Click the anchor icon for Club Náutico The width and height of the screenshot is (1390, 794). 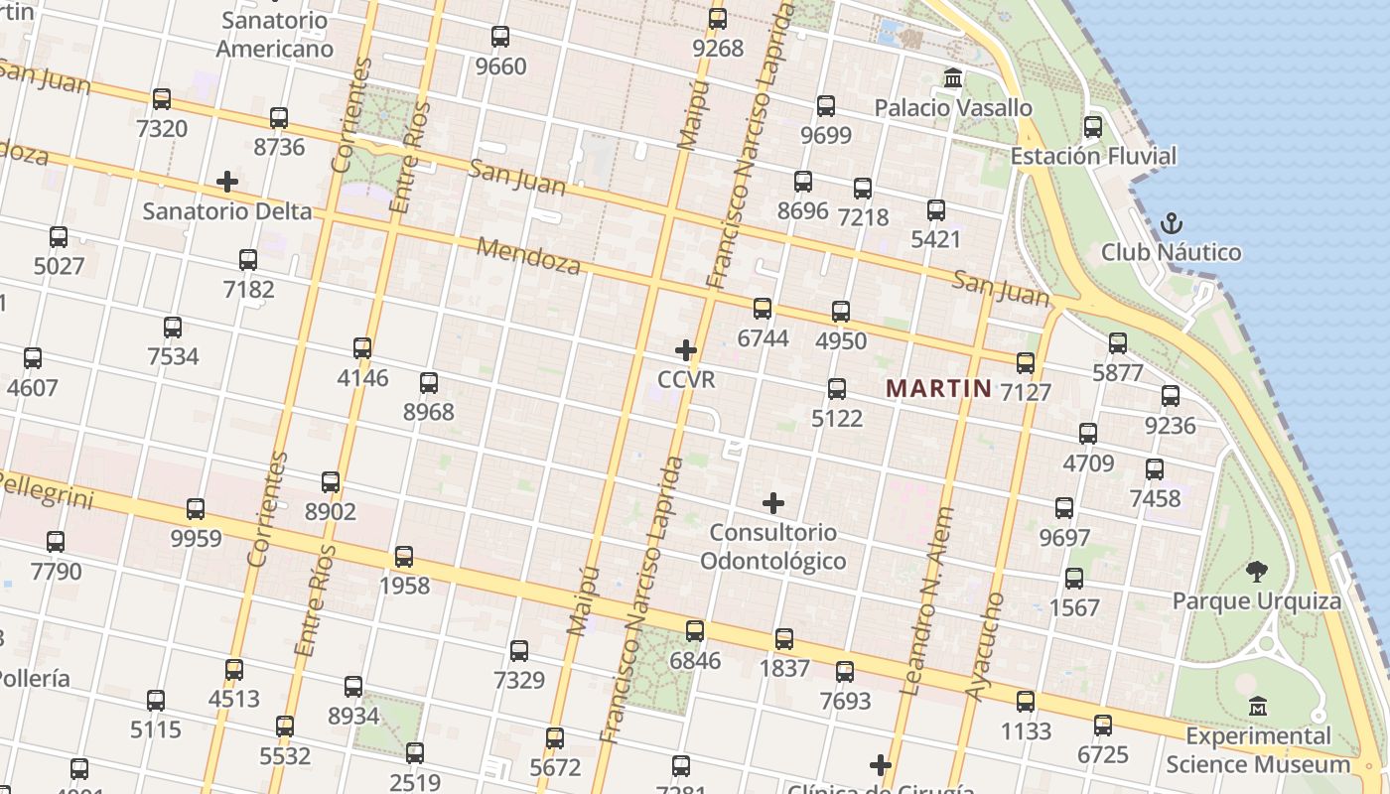click(x=1172, y=222)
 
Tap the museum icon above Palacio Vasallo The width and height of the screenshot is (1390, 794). click(x=953, y=77)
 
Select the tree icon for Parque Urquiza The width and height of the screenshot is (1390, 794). click(x=1256, y=571)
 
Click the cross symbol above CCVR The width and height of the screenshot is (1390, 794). click(x=686, y=350)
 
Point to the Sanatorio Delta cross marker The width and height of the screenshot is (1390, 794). click(x=227, y=182)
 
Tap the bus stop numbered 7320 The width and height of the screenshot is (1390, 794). click(x=162, y=99)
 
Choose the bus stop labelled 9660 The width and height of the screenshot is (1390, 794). click(x=500, y=38)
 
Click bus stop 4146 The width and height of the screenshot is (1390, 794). click(x=362, y=348)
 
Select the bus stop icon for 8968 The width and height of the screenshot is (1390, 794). click(x=429, y=383)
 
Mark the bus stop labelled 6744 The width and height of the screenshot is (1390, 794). click(x=763, y=309)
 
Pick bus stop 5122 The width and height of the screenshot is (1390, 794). click(x=837, y=389)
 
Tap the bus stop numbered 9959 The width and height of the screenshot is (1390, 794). click(x=196, y=509)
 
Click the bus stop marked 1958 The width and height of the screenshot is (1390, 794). click(x=404, y=557)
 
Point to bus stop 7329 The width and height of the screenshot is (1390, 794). click(x=519, y=651)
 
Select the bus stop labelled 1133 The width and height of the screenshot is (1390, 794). click(x=1026, y=702)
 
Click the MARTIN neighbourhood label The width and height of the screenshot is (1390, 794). click(x=938, y=388)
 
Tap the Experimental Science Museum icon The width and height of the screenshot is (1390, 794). click(x=1259, y=707)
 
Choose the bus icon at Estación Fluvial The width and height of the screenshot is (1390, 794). click(x=1093, y=127)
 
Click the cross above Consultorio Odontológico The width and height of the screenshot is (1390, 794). click(x=773, y=503)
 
